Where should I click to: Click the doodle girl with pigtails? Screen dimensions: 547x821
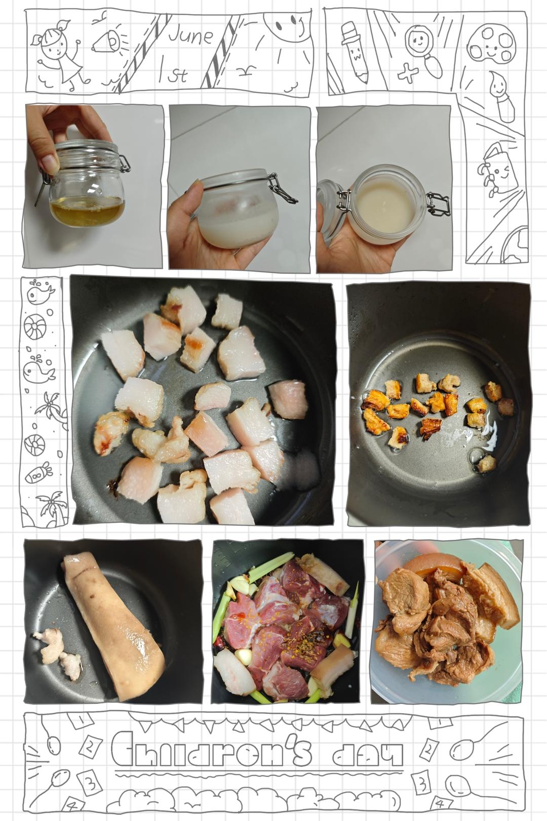click(59, 55)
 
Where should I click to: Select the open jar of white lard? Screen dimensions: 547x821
click(388, 205)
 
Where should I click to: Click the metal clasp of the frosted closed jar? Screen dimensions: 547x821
click(282, 188)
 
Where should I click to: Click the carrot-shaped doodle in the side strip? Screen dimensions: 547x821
click(39, 473)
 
